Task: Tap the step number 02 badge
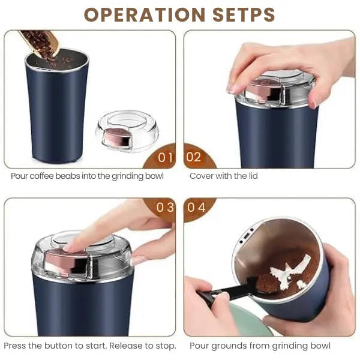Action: [194, 158]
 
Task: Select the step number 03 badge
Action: [165, 208]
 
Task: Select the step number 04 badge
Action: [196, 208]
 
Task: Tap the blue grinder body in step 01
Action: [56, 114]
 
